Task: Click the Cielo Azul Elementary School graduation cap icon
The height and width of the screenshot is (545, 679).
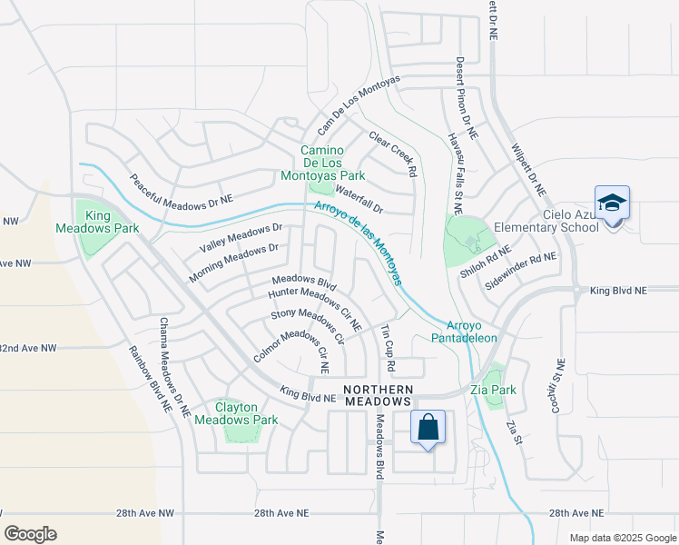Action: point(612,202)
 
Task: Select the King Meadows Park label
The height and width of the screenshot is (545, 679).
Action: point(99,222)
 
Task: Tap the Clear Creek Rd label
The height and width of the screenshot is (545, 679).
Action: point(392,154)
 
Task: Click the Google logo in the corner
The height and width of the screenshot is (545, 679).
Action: point(31,534)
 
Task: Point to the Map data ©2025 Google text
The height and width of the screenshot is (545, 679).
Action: point(622,538)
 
